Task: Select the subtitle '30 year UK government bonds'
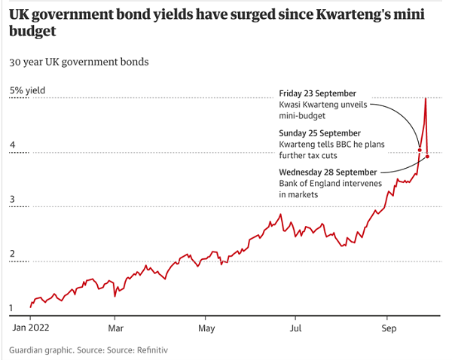point(78,62)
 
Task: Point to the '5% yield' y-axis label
point(27,90)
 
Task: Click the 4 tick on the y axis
point(12,145)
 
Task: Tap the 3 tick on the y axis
point(12,200)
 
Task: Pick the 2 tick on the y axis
point(12,254)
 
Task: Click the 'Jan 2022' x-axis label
point(30,328)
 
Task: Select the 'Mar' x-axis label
point(115,328)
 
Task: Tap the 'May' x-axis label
point(207,328)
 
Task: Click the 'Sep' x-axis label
point(389,328)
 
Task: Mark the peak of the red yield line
point(426,99)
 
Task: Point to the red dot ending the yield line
point(427,156)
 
